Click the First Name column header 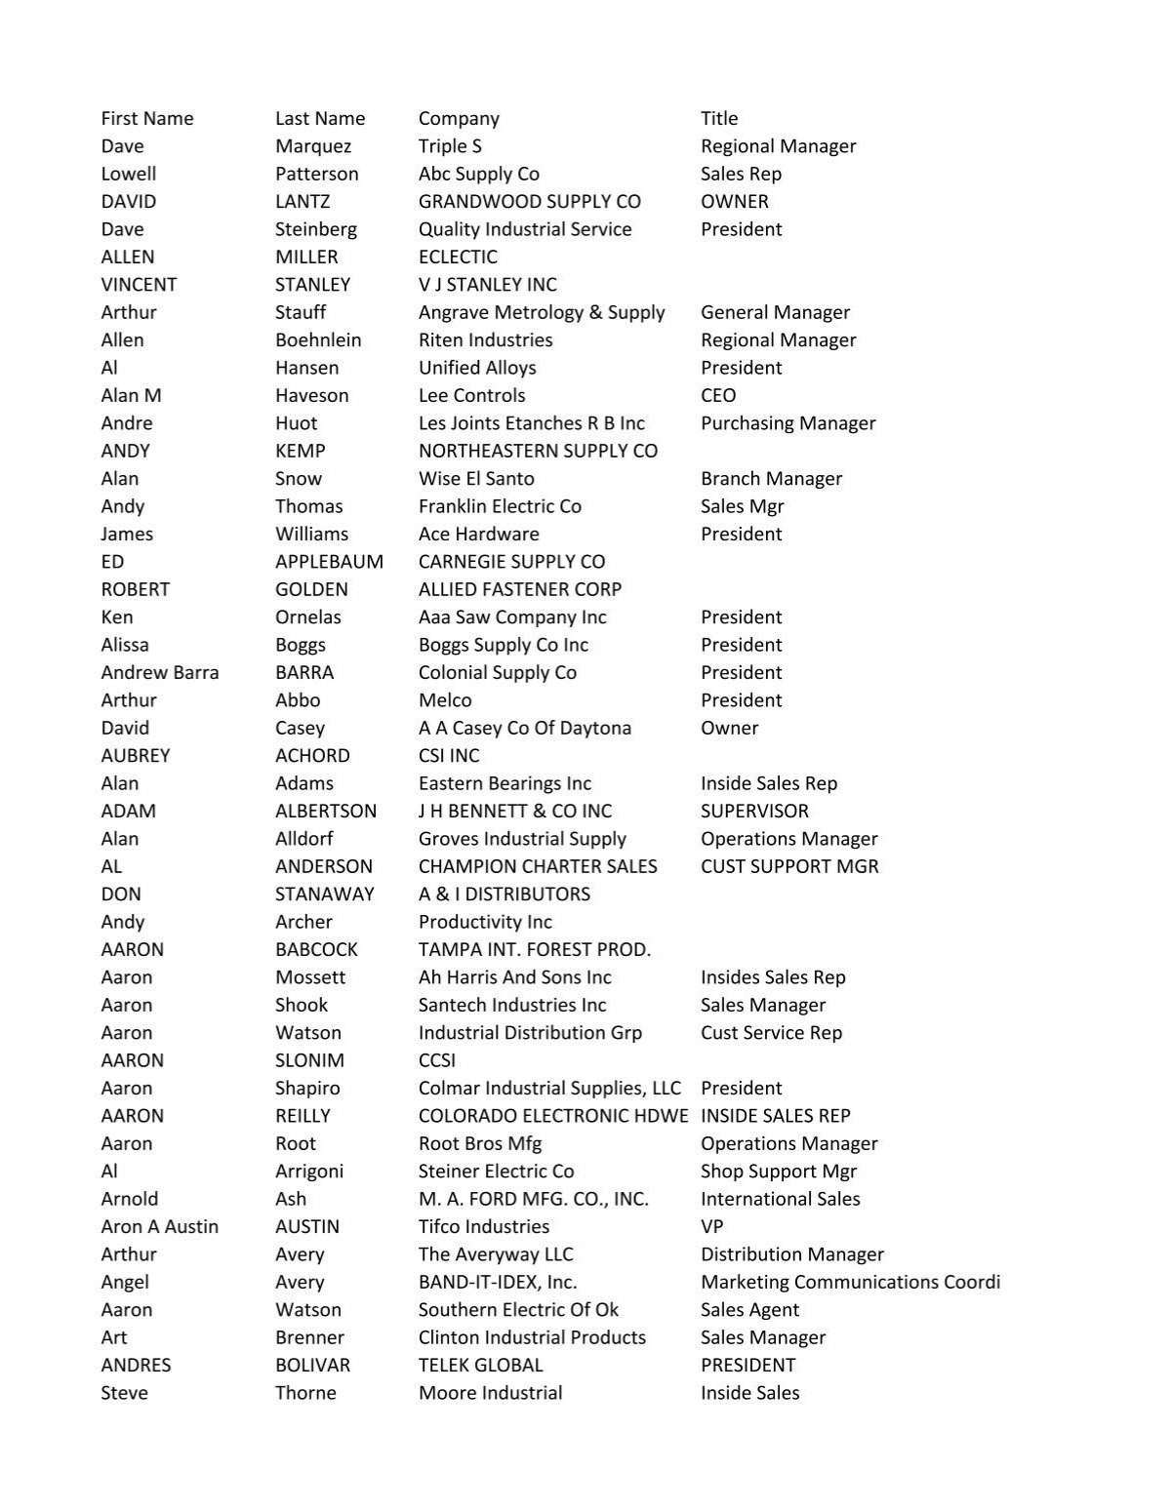click(147, 119)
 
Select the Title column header click(719, 119)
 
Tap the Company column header click(459, 119)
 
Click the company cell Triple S click(450, 146)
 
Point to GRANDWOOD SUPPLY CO click(530, 202)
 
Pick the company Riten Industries click(485, 340)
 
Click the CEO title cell click(718, 396)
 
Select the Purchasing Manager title click(787, 423)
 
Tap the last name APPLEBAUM click(329, 562)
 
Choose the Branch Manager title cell click(771, 479)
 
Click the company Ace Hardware click(478, 535)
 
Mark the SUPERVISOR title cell click(754, 812)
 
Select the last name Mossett click(310, 977)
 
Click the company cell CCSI click(437, 1060)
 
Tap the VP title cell click(712, 1227)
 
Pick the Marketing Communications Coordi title click(850, 1283)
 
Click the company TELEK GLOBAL click(480, 1366)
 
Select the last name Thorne click(305, 1393)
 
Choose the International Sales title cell click(781, 1199)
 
